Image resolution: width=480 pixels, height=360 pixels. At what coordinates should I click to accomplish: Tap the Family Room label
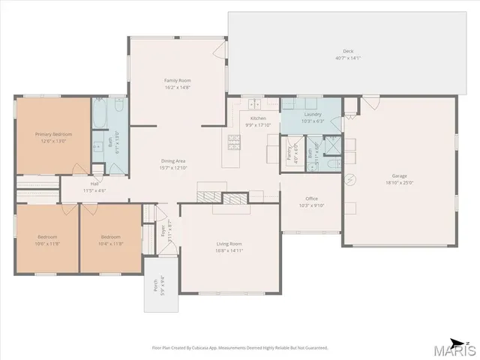click(178, 80)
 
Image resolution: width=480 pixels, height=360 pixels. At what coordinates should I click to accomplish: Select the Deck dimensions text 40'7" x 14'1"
click(348, 58)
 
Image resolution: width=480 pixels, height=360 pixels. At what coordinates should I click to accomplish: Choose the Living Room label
click(229, 244)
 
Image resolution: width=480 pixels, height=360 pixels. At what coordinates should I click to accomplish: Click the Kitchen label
click(258, 118)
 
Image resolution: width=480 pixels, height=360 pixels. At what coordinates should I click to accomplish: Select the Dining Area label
click(173, 161)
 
